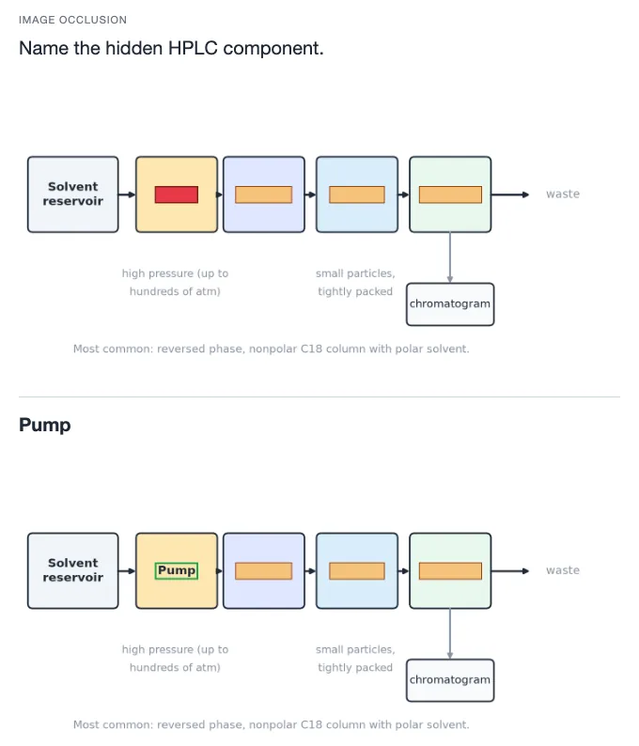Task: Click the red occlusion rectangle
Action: (x=177, y=194)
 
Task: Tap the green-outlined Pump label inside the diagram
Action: (x=177, y=570)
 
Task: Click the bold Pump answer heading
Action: (x=45, y=425)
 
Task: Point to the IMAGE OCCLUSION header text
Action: (x=72, y=20)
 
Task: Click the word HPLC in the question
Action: (x=193, y=48)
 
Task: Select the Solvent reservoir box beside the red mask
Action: (x=72, y=194)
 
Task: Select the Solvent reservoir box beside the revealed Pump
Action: (x=72, y=570)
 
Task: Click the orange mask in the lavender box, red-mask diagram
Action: (x=264, y=194)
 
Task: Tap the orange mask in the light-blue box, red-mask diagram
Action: (x=357, y=194)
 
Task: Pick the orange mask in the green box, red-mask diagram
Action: (x=450, y=194)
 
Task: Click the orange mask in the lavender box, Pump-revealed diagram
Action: (x=264, y=571)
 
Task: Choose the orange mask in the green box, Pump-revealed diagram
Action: (x=450, y=571)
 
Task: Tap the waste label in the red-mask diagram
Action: (x=563, y=194)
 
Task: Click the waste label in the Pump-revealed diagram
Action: (x=563, y=570)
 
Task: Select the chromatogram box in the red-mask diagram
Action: (x=450, y=304)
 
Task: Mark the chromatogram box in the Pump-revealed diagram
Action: (x=450, y=680)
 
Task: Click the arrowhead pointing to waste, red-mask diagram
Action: (x=525, y=194)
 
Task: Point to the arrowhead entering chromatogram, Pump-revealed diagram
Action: (x=449, y=656)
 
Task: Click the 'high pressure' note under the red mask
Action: (x=175, y=282)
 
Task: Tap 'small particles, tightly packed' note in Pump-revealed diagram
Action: (x=355, y=659)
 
